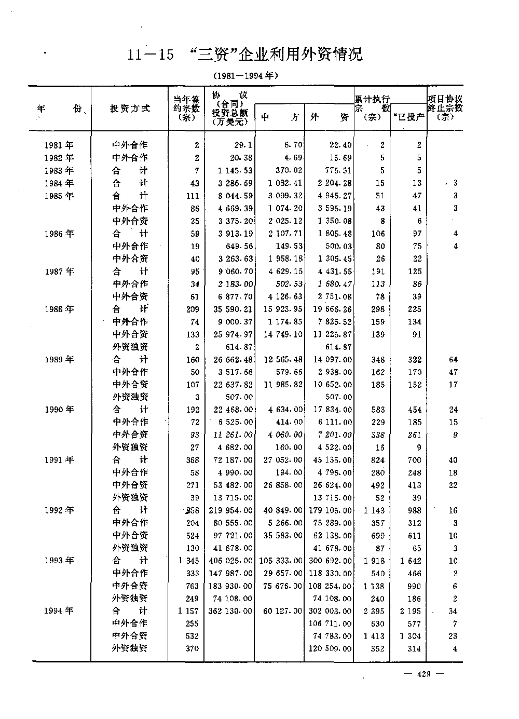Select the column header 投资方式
pyautogui.click(x=130, y=108)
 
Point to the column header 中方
pyautogui.click(x=280, y=117)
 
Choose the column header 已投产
pyautogui.click(x=409, y=117)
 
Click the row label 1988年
pyautogui.click(x=59, y=309)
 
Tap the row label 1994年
pyautogui.click(x=59, y=611)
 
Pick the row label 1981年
pyautogui.click(x=59, y=146)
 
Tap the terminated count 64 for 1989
pyautogui.click(x=453, y=360)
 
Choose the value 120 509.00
pyautogui.click(x=329, y=649)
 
